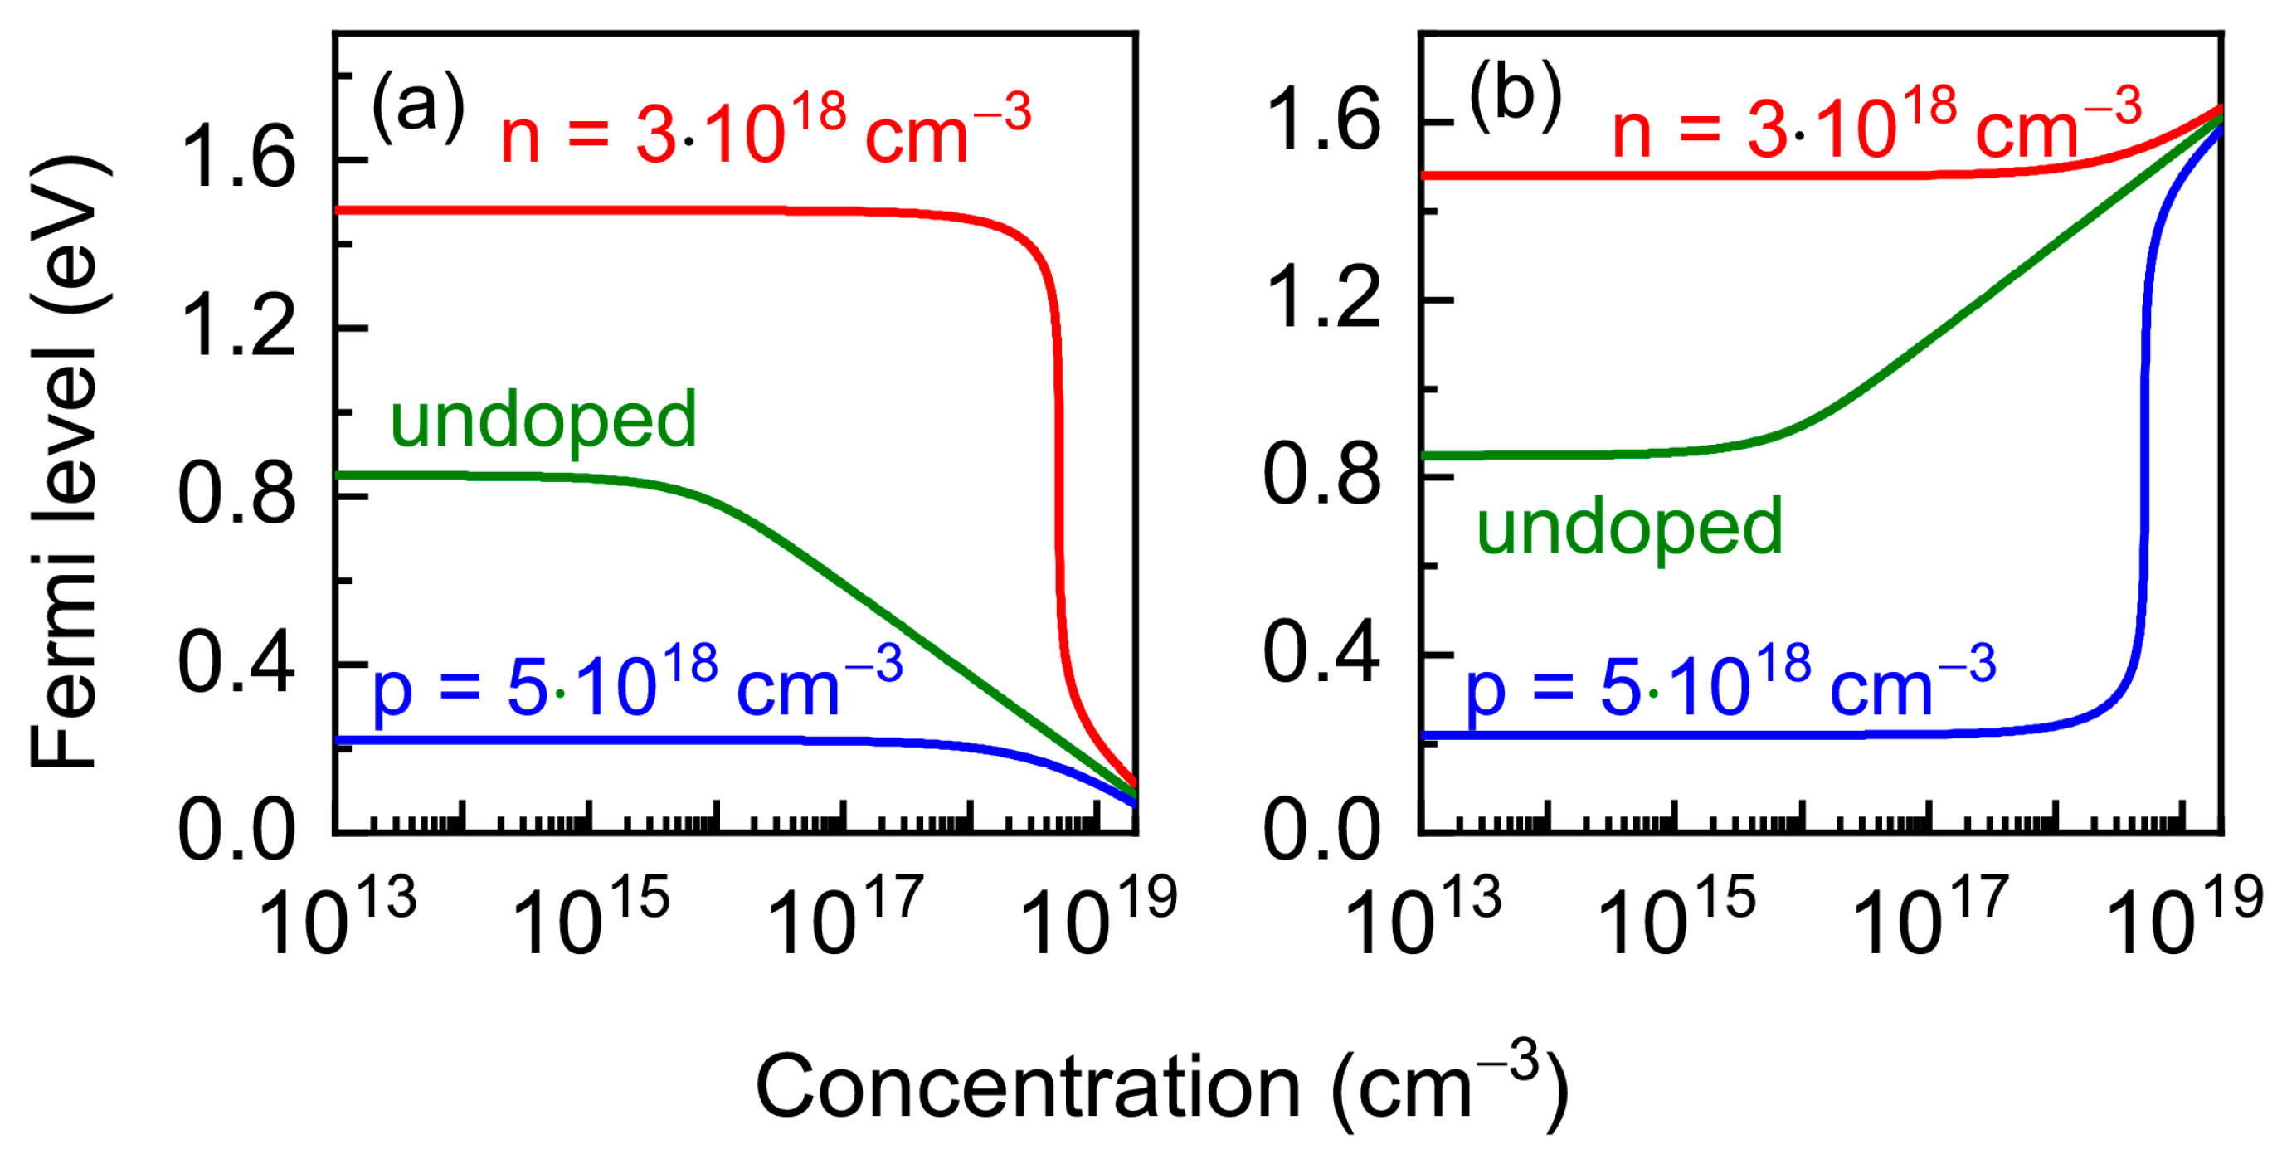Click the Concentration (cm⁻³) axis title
[x=1160, y=1086]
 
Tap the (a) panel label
[x=417, y=106]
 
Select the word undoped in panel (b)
[x=1629, y=526]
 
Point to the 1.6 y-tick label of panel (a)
[x=236, y=158]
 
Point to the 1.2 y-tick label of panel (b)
[x=1321, y=299]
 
